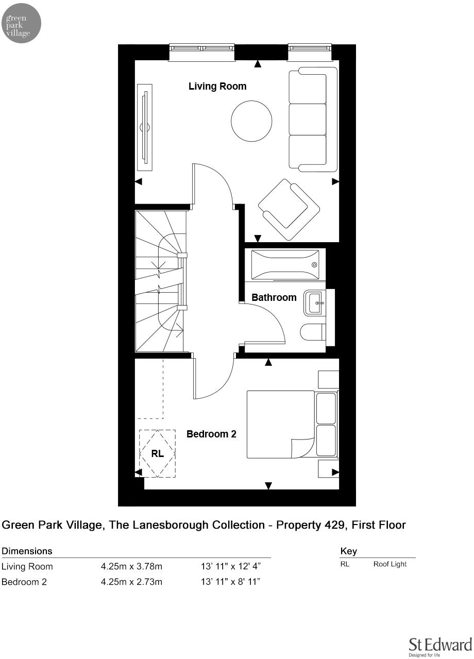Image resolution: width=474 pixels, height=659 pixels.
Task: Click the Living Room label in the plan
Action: click(217, 87)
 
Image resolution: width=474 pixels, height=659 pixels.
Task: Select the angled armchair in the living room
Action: click(289, 209)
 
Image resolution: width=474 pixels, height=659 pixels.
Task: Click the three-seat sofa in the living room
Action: click(311, 120)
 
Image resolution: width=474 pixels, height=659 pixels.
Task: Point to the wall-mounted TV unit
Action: click(145, 127)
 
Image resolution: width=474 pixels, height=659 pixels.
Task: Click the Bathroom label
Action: click(274, 297)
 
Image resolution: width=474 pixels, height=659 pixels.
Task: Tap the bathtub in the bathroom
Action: click(284, 264)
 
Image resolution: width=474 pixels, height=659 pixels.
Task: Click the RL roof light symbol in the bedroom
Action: click(158, 453)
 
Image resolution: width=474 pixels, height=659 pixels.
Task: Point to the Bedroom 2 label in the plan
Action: click(211, 434)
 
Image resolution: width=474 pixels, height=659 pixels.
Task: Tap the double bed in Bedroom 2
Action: click(281, 425)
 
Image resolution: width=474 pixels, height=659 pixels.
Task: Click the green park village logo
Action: click(21, 23)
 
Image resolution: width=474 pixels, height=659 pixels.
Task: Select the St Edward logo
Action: click(440, 646)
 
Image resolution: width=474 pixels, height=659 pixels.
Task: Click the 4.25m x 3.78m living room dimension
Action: click(131, 567)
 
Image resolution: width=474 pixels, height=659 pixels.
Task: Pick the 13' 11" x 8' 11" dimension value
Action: click(230, 582)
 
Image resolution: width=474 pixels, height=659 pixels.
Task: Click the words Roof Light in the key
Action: click(390, 564)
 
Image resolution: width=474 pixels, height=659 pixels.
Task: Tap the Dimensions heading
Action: click(27, 551)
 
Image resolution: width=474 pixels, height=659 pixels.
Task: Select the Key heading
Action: click(348, 551)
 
